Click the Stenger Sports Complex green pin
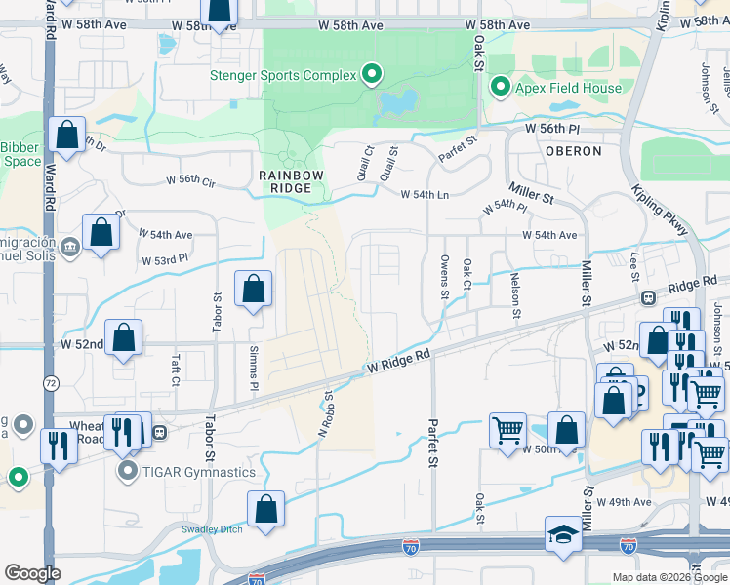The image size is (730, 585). point(371,73)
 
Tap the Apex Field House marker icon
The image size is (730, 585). point(501,89)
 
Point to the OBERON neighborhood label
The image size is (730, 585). point(573,151)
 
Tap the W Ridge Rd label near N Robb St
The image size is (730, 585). point(398,363)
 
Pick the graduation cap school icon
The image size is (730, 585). point(561,534)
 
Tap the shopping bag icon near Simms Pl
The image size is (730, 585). point(253,289)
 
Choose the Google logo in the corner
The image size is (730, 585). point(32,573)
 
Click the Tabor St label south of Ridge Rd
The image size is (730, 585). point(210,439)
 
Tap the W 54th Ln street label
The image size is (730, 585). point(425,194)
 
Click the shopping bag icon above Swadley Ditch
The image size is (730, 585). point(265,509)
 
